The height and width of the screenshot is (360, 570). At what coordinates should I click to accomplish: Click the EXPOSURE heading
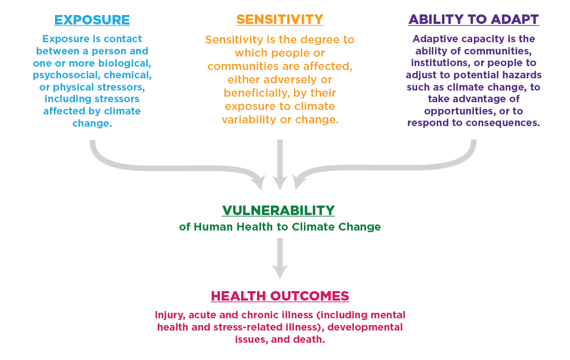92,20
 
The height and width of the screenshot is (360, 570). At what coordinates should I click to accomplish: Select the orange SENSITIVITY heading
279,19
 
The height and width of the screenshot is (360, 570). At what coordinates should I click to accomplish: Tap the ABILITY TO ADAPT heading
473,19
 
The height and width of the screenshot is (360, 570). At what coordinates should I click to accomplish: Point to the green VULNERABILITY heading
278,211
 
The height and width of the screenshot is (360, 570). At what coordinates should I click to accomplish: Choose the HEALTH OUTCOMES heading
280,296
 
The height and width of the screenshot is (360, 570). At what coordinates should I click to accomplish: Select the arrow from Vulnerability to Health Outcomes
280,258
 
